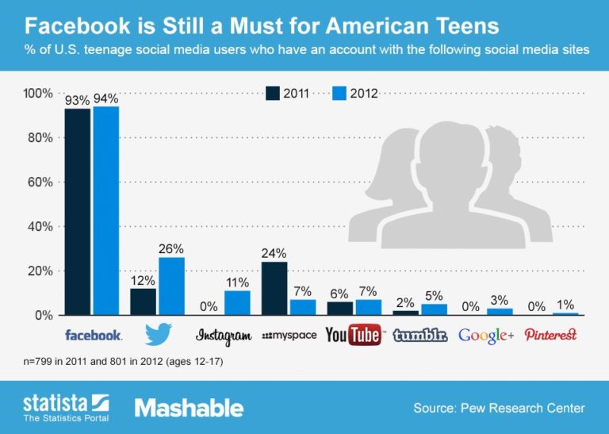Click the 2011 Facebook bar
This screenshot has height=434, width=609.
(x=77, y=211)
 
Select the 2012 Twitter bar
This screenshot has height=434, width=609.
(x=171, y=286)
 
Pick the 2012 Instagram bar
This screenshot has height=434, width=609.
(x=236, y=302)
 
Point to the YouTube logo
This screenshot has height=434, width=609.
(x=353, y=335)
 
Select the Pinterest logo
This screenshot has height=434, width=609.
(x=550, y=335)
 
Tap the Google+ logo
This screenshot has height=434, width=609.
(x=486, y=336)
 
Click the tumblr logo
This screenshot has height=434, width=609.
(x=419, y=335)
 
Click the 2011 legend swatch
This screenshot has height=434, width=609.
(x=273, y=93)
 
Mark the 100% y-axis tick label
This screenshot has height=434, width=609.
(x=36, y=94)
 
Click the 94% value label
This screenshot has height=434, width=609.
(x=105, y=99)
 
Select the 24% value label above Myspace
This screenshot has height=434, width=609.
(x=274, y=255)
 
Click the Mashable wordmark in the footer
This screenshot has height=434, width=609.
(x=189, y=408)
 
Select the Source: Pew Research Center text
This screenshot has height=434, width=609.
(x=498, y=409)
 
